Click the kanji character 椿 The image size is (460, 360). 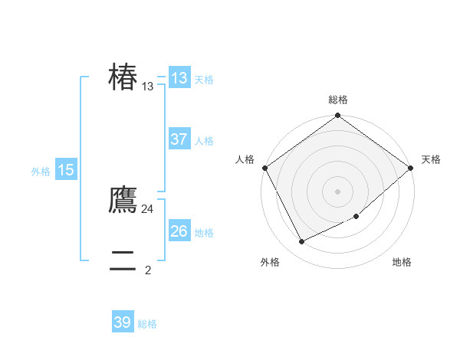coord(123,77)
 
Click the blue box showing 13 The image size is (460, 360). coord(179,78)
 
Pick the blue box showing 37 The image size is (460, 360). coord(179,139)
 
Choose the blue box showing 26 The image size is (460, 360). coord(179,231)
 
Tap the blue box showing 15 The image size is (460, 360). coord(66,170)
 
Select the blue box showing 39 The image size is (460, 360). coord(123,322)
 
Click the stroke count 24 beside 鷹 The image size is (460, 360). coord(148,208)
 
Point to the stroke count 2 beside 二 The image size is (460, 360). coord(148,270)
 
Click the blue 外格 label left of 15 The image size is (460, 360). coord(41,172)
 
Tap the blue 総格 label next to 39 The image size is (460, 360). coord(147,324)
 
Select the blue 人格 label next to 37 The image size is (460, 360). coord(204,141)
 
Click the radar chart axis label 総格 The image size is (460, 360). coord(338,100)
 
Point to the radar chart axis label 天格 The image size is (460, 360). coord(431,159)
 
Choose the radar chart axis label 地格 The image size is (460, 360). coord(402,263)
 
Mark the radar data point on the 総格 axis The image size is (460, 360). coord(338,116)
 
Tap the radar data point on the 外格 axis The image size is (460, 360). coord(301,241)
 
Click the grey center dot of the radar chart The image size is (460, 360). coord(338,191)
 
